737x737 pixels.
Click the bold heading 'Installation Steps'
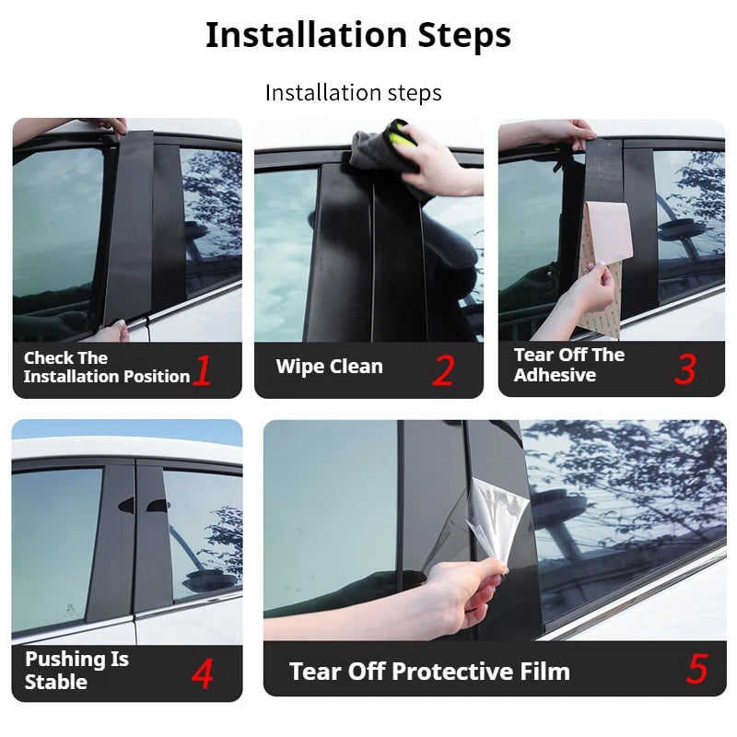pos(357,35)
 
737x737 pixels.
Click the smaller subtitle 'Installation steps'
pos(353,93)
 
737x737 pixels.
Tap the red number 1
pos(203,370)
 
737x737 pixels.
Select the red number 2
pos(443,370)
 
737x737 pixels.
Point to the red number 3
pos(684,368)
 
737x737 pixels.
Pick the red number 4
pos(202,673)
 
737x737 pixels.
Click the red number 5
pos(696,670)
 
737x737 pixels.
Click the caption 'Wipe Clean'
pos(329,367)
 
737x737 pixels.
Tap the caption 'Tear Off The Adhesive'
pos(568,365)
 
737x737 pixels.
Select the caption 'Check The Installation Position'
pos(106,368)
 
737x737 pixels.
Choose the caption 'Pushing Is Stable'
pos(76,671)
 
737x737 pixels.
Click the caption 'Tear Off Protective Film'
pos(429,672)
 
